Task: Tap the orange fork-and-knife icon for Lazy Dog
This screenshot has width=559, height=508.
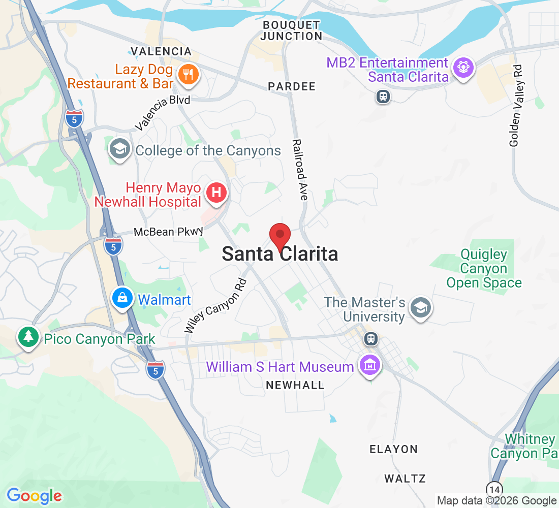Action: (x=188, y=75)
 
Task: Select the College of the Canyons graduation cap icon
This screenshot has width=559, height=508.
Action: (x=119, y=150)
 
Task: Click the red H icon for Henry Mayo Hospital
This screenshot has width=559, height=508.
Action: (x=216, y=193)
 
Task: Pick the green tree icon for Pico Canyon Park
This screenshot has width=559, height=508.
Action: (x=28, y=337)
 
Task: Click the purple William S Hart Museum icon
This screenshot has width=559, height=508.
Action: (x=370, y=365)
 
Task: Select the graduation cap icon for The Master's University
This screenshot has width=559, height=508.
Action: (x=420, y=308)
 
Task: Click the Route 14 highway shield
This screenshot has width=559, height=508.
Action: (x=494, y=489)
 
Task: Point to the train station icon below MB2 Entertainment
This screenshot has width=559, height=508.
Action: (x=383, y=97)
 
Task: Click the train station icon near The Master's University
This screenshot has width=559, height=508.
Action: (x=371, y=338)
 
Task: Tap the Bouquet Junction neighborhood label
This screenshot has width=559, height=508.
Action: (x=292, y=30)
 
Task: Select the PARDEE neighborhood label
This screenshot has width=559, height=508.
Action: (x=292, y=87)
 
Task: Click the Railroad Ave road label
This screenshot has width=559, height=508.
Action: (x=300, y=170)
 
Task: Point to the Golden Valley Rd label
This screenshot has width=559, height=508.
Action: (x=516, y=113)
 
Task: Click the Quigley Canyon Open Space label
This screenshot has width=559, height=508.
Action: (x=484, y=269)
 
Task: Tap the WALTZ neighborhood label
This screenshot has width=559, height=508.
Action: (x=405, y=479)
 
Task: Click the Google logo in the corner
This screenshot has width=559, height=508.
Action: (x=34, y=495)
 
